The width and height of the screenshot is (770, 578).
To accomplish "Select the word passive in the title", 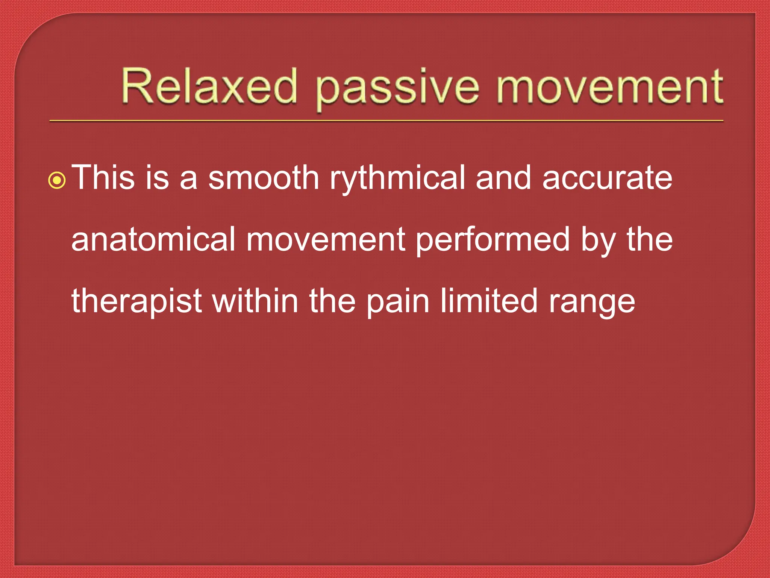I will (397, 88).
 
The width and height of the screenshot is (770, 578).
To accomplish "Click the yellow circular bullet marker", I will (57, 181).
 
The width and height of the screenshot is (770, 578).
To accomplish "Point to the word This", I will (103, 177).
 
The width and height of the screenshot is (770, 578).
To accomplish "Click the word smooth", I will (264, 177).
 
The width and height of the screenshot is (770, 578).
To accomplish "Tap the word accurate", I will (607, 178).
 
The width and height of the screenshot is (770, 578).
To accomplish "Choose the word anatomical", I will (153, 239).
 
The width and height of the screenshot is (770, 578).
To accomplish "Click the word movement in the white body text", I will (326, 240).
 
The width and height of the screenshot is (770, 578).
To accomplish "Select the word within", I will (255, 301).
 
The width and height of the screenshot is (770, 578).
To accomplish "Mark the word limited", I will (489, 301).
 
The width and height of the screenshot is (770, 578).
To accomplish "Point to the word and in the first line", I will (503, 177).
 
